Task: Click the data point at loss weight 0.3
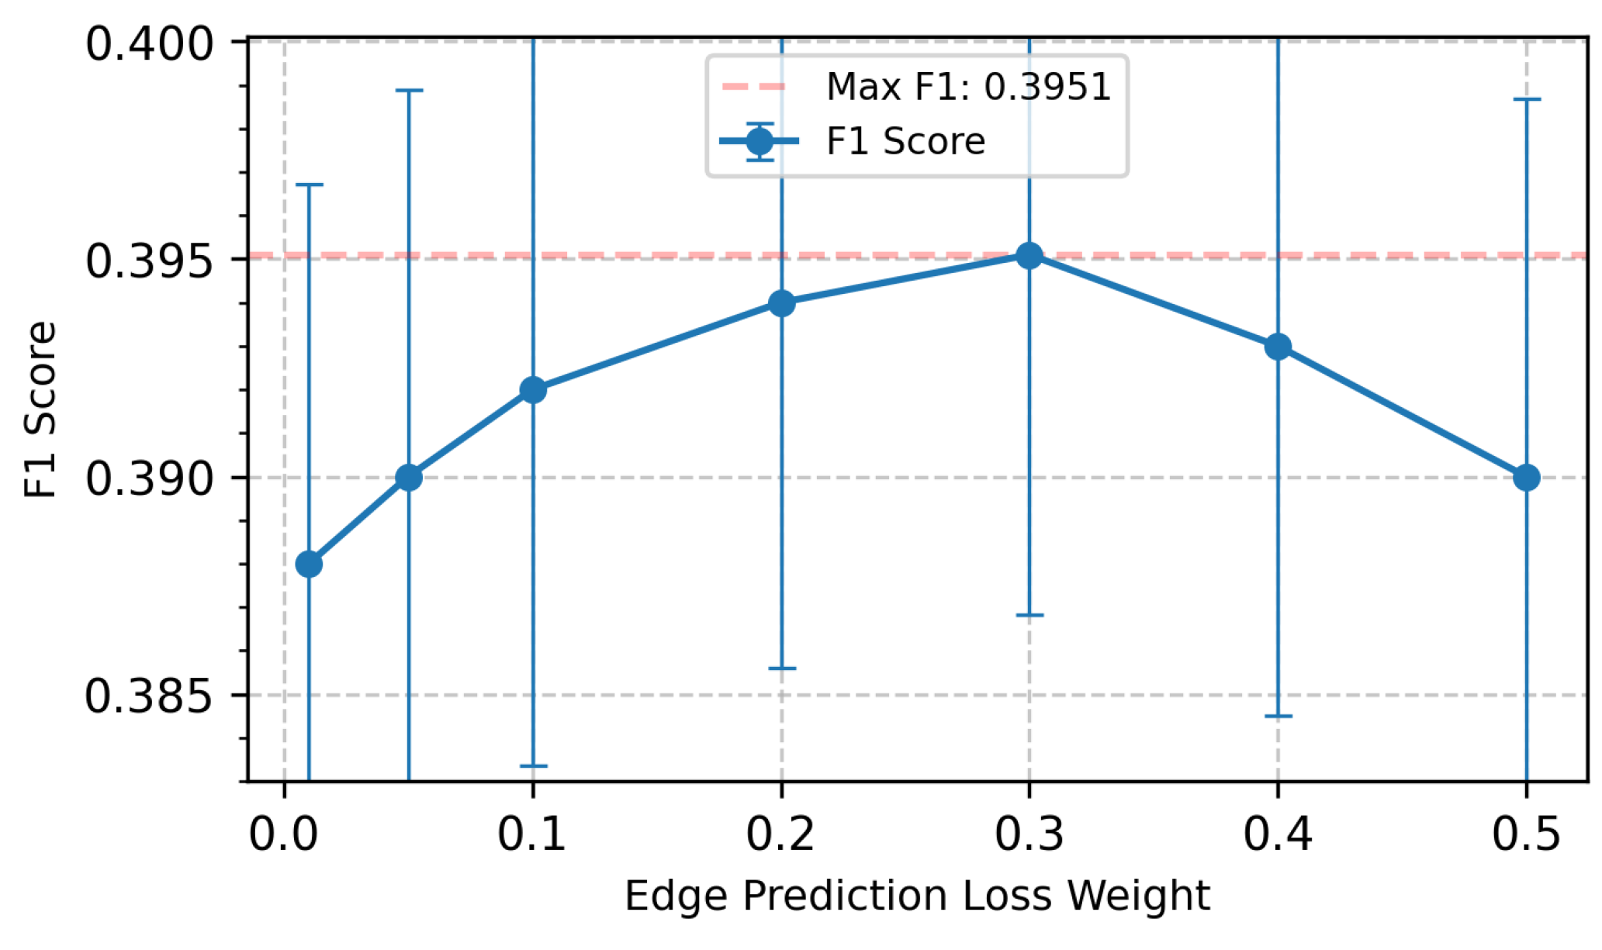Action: pyautogui.click(x=1029, y=255)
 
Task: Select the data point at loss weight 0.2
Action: pyautogui.click(x=781, y=302)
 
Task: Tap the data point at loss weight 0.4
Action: pyautogui.click(x=1278, y=347)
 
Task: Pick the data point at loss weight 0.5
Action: pyautogui.click(x=1526, y=478)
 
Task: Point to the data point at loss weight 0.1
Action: pyautogui.click(x=533, y=389)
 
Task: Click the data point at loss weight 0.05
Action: pyautogui.click(x=409, y=478)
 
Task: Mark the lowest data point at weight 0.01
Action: pyautogui.click(x=309, y=564)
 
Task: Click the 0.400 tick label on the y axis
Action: pyautogui.click(x=150, y=44)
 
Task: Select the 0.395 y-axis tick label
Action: pyautogui.click(x=150, y=261)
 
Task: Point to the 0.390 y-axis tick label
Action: pyautogui.click(x=150, y=479)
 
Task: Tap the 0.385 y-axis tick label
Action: pyautogui.click(x=150, y=696)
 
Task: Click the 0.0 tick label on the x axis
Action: pyautogui.click(x=284, y=835)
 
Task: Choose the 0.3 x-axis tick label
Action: pyautogui.click(x=1029, y=835)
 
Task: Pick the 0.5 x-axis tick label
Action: pyautogui.click(x=1526, y=835)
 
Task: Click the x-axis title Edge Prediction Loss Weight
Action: pyautogui.click(x=917, y=897)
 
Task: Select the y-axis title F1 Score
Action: pyautogui.click(x=40, y=409)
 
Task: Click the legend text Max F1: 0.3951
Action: pyautogui.click(x=969, y=86)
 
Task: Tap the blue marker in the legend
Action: pyautogui.click(x=759, y=141)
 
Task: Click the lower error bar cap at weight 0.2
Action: pyautogui.click(x=781, y=668)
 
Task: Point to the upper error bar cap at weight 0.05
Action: pyautogui.click(x=409, y=91)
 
